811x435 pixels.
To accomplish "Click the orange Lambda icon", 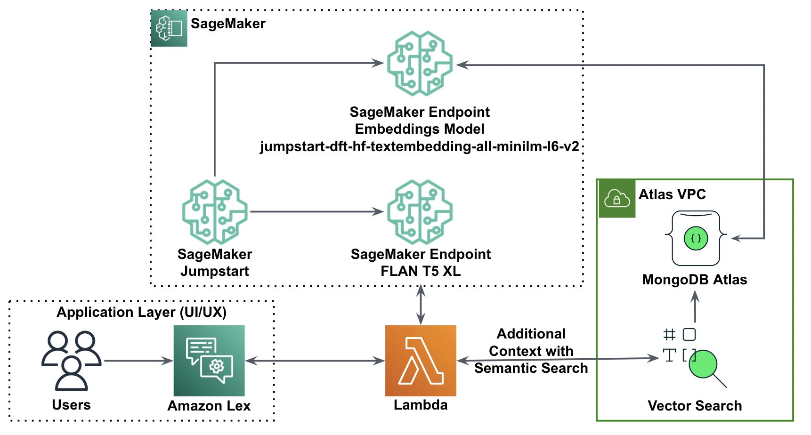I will [x=421, y=361].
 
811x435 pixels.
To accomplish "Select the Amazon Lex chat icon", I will [x=209, y=361].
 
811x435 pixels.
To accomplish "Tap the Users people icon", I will [x=71, y=361].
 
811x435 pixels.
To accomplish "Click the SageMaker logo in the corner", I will [x=169, y=28].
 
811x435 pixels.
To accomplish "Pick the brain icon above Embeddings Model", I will [x=420, y=64].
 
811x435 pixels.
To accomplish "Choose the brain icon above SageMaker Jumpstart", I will [x=215, y=212].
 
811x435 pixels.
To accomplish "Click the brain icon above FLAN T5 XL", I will [x=420, y=212].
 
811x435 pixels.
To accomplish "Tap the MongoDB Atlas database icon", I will [x=696, y=238].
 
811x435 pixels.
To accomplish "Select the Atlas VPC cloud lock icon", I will [x=617, y=199].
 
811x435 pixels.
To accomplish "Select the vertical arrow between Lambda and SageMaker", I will [x=421, y=305].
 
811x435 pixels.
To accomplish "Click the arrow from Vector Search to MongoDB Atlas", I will [x=695, y=306].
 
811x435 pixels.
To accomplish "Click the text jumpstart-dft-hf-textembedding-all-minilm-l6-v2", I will [x=419, y=146].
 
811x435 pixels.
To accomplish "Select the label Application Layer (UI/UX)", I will [x=141, y=312].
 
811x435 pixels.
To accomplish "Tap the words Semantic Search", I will [x=531, y=368].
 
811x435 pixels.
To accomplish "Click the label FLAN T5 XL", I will [x=421, y=271].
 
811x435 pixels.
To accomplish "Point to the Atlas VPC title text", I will [x=672, y=194].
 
